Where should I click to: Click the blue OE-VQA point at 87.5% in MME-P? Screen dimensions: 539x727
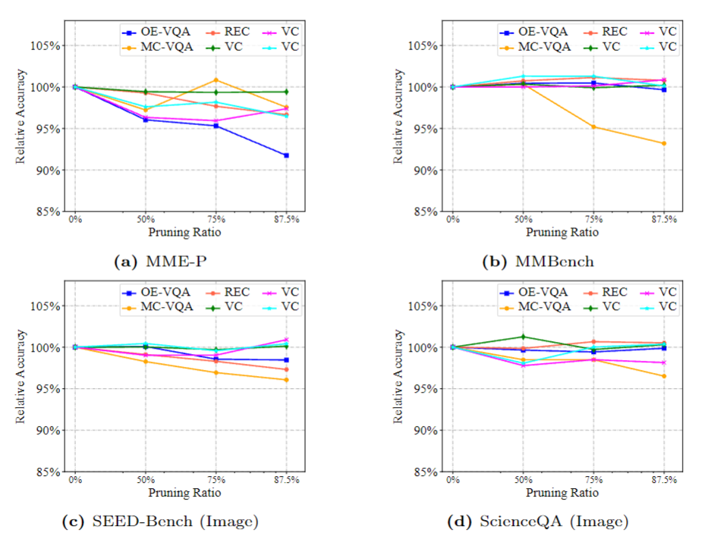pos(286,155)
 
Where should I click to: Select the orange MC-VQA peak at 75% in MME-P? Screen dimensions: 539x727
pos(216,80)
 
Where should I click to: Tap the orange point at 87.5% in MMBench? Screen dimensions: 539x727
pos(664,143)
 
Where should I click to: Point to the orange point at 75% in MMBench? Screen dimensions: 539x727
pos(593,127)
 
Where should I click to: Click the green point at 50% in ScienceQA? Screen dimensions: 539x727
pos(523,337)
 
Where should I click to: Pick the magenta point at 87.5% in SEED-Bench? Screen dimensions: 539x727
pos(286,340)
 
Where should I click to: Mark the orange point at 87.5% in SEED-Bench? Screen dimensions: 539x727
pos(286,380)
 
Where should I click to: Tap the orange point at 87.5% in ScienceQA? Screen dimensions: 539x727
pos(664,376)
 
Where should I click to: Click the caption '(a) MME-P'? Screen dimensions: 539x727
pos(159,262)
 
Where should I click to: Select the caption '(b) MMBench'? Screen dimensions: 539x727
pos(538,262)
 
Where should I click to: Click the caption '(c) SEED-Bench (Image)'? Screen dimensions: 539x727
pos(159,522)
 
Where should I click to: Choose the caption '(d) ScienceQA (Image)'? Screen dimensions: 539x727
pos(538,522)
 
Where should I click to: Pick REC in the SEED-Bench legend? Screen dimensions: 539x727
pos(234,292)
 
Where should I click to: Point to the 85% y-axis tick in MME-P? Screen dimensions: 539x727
pos(47,212)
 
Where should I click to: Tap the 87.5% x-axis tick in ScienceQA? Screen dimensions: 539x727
pos(664,481)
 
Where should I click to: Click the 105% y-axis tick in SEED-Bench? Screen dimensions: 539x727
pos(45,306)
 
